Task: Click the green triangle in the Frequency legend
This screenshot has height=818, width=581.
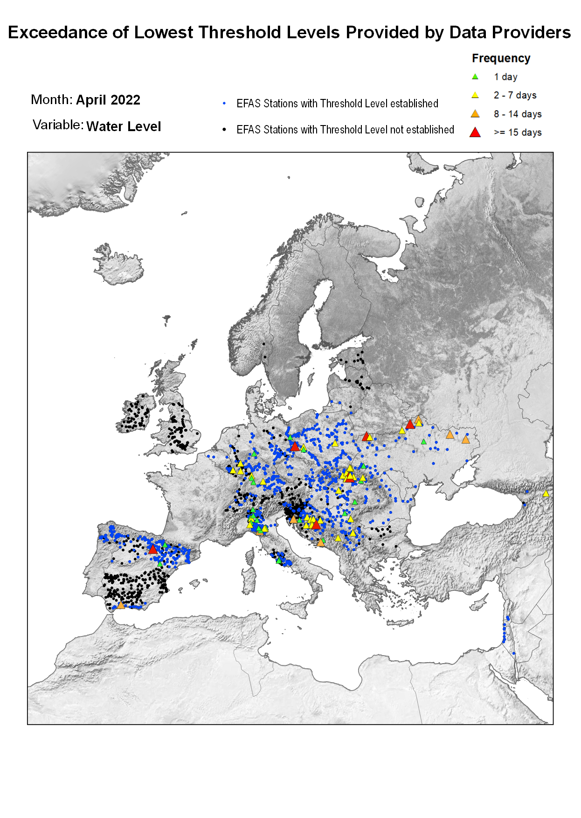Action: tap(475, 77)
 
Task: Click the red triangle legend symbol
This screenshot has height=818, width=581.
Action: tap(475, 133)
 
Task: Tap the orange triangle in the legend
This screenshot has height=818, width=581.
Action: tap(475, 113)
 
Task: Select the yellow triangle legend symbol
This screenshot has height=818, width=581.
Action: tap(475, 95)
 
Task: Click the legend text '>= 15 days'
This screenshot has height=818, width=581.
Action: tap(518, 133)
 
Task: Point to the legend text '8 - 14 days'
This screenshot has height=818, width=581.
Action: tap(518, 114)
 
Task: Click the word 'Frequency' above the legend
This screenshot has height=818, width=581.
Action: tap(501, 58)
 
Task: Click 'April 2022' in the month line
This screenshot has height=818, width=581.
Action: tap(108, 100)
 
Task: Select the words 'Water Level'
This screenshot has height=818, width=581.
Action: tap(124, 126)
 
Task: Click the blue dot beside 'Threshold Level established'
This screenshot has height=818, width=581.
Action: tap(224, 103)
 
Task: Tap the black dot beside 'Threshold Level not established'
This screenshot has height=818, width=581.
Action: tap(224, 129)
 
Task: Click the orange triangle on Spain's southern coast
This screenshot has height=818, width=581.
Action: tap(121, 605)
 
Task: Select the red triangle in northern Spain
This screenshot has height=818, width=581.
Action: tap(152, 549)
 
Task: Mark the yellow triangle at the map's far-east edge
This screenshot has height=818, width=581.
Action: tap(546, 493)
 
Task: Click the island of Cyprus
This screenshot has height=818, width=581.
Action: tap(479, 605)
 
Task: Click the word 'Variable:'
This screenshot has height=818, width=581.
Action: tap(58, 125)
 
